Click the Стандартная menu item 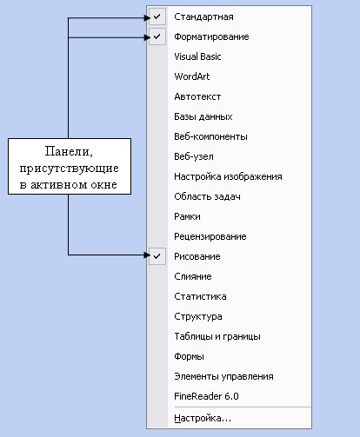203,17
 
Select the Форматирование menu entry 211,36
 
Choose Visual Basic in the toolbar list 197,56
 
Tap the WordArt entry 192,76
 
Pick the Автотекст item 197,96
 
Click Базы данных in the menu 203,116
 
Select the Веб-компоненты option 210,136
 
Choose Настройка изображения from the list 228,176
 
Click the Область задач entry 207,196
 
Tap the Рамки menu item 187,216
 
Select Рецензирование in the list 210,236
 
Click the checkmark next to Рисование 157,256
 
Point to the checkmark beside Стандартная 157,17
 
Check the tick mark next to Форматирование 157,36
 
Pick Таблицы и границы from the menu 217,336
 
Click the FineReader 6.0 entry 206,396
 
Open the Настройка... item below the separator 203,418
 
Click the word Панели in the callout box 69,151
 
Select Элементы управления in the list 223,376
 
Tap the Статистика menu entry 200,296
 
